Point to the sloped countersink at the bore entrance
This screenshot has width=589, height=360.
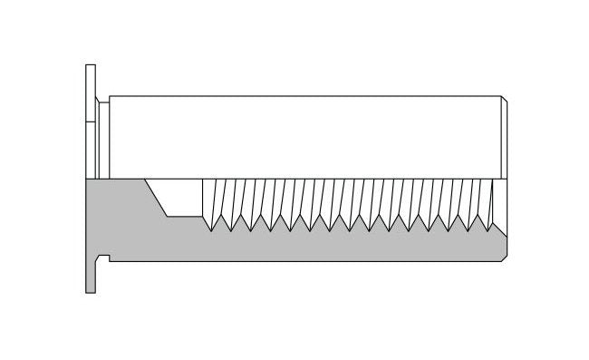point(156,198)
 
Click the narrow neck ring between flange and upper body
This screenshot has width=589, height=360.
point(103,136)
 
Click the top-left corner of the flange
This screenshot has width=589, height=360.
point(86,65)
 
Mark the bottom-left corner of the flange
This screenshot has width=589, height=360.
point(86,292)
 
